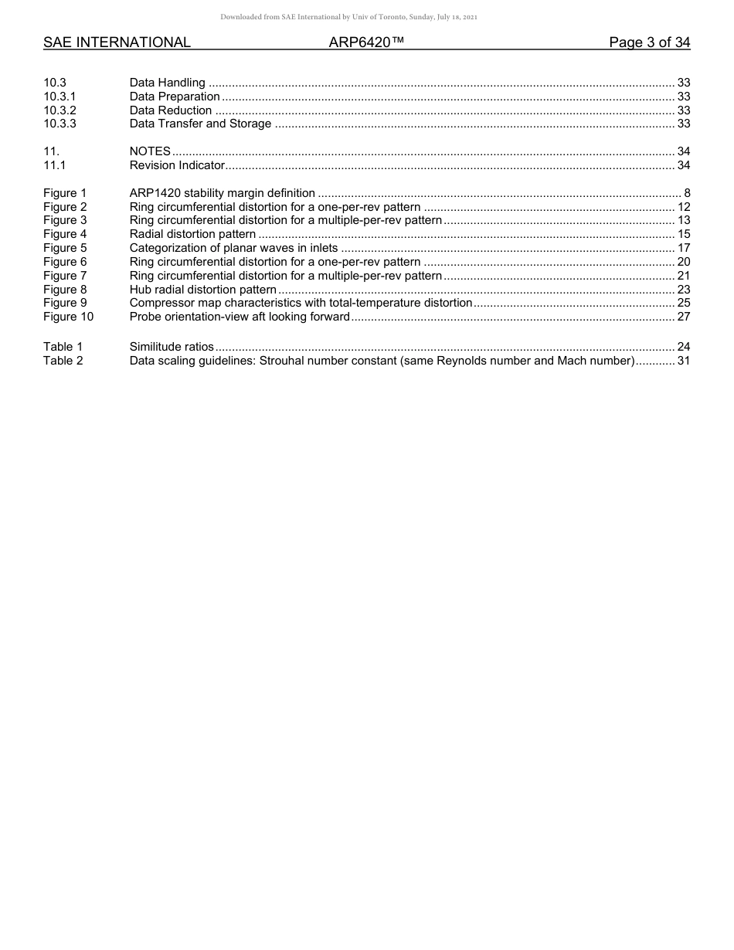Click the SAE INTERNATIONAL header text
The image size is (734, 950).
pyautogui.click(x=117, y=42)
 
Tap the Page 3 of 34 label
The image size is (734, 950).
pyautogui.click(x=649, y=42)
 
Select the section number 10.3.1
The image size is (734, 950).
pyautogui.click(x=59, y=97)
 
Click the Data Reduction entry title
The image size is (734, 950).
pyautogui.click(x=171, y=110)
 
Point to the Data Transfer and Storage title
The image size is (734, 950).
pyautogui.click(x=200, y=124)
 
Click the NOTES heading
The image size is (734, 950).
pyautogui.click(x=150, y=151)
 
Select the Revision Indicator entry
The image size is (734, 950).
pyautogui.click(x=177, y=165)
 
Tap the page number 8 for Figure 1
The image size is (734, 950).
pyautogui.click(x=686, y=193)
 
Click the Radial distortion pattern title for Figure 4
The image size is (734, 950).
pyautogui.click(x=192, y=234)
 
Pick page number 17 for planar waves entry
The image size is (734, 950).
pyautogui.click(x=683, y=248)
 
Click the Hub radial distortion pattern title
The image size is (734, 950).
pyautogui.click(x=202, y=290)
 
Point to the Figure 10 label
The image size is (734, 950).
pyautogui.click(x=68, y=317)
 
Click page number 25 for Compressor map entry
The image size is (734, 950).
pyautogui.click(x=683, y=303)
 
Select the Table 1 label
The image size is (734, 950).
pyautogui.click(x=63, y=348)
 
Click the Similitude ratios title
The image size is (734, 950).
pyautogui.click(x=172, y=348)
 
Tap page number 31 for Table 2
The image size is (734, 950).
pyautogui.click(x=683, y=361)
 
